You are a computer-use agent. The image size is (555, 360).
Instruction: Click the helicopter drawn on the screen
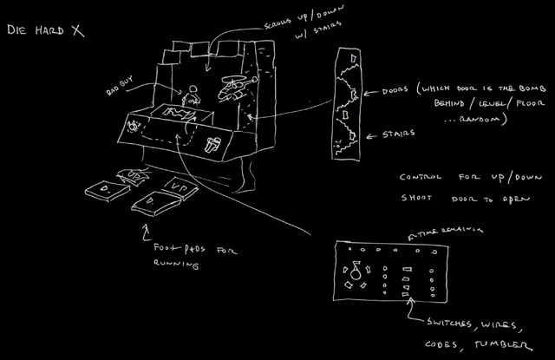[232, 88]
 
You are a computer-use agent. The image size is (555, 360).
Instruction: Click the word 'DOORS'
[396, 90]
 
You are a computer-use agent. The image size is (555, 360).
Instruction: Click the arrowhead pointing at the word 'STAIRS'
[365, 136]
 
